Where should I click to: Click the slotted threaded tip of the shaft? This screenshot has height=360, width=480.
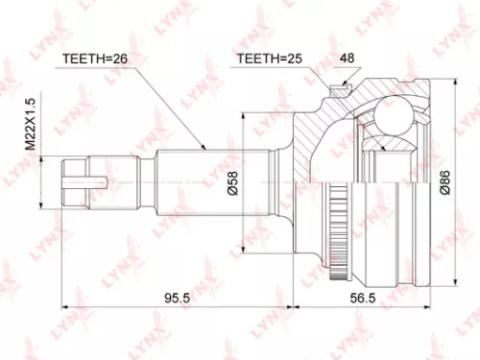coord(79,180)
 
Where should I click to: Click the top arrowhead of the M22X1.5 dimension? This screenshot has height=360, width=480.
coord(43,158)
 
